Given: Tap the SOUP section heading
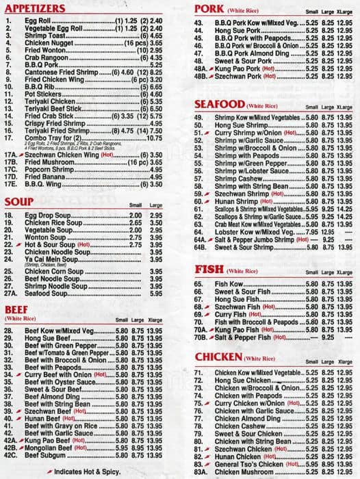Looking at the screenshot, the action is click(18, 202).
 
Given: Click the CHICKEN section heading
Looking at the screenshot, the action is click(218, 358).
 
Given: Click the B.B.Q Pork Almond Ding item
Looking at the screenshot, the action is click(250, 53).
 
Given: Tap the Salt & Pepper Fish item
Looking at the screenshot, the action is click(243, 337).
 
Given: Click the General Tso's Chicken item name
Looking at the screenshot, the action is click(250, 465).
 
